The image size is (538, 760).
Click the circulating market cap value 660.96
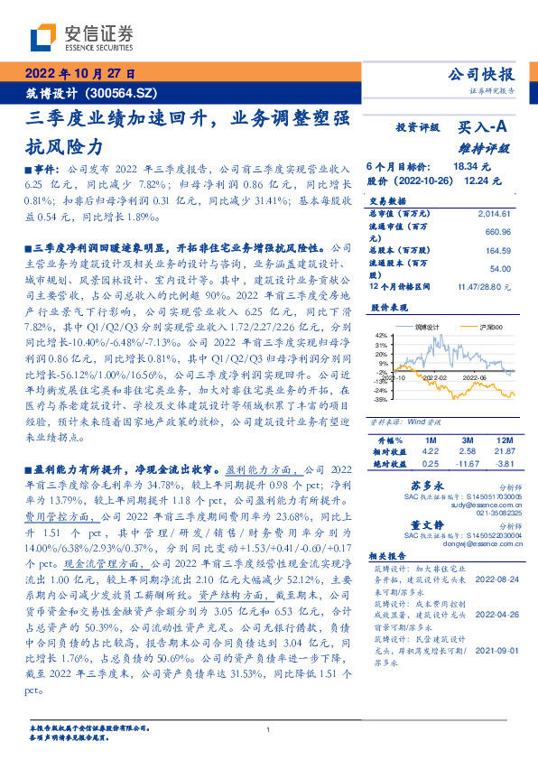click(x=498, y=232)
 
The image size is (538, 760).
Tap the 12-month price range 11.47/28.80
click(x=485, y=286)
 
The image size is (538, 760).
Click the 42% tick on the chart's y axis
click(x=382, y=335)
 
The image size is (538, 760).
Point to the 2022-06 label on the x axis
click(x=475, y=379)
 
